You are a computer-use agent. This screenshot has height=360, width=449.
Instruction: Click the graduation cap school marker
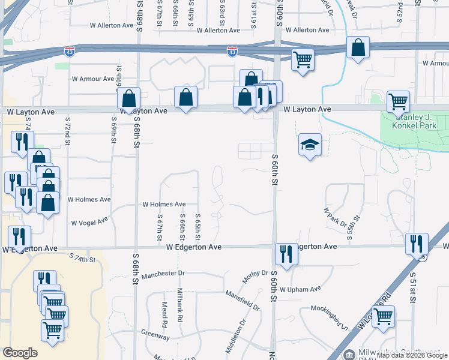pos(310,145)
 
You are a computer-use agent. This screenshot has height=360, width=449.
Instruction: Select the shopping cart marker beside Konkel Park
pos(399,103)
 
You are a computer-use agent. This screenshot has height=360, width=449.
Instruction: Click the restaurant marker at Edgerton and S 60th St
pos(285,254)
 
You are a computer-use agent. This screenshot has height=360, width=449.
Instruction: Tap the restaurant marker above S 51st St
pos(416,244)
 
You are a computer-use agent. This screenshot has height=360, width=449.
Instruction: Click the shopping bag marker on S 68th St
pos(129,99)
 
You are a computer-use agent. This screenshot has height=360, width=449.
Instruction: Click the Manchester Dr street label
pos(162,273)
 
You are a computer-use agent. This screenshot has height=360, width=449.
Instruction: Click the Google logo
pos(20,353)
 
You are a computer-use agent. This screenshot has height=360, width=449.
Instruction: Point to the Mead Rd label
pos(164,314)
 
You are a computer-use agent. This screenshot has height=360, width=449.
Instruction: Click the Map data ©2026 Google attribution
pos(412,355)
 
